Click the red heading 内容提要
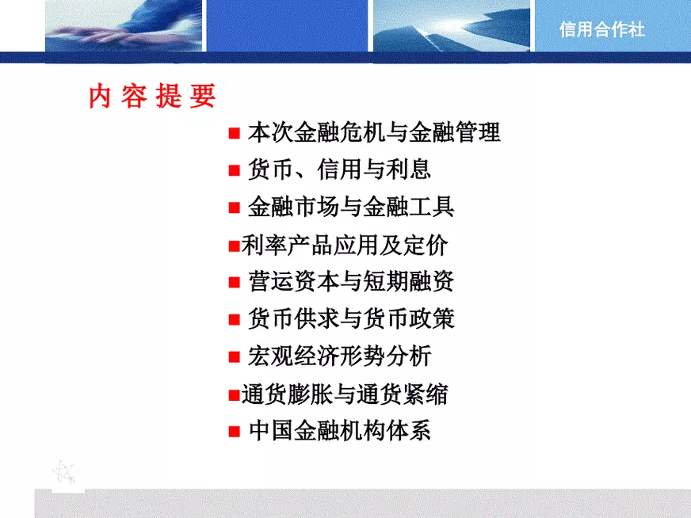pos(152,96)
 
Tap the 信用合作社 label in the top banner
pos(601,30)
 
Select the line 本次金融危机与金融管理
pos(374,132)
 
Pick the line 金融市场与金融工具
pos(351,208)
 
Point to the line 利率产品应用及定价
pos(345,246)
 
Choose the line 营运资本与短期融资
pos(351,282)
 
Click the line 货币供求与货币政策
pos(351,319)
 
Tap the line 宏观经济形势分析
pos(339,356)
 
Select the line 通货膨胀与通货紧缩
pos(345,394)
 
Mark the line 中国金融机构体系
pos(339,431)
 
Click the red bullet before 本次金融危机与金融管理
pos(234,133)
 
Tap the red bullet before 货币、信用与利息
pos(234,170)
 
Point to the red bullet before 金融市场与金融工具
pos(234,208)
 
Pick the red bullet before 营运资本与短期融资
pos(234,283)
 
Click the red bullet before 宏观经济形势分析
pos(234,357)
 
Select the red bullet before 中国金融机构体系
pos(234,432)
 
